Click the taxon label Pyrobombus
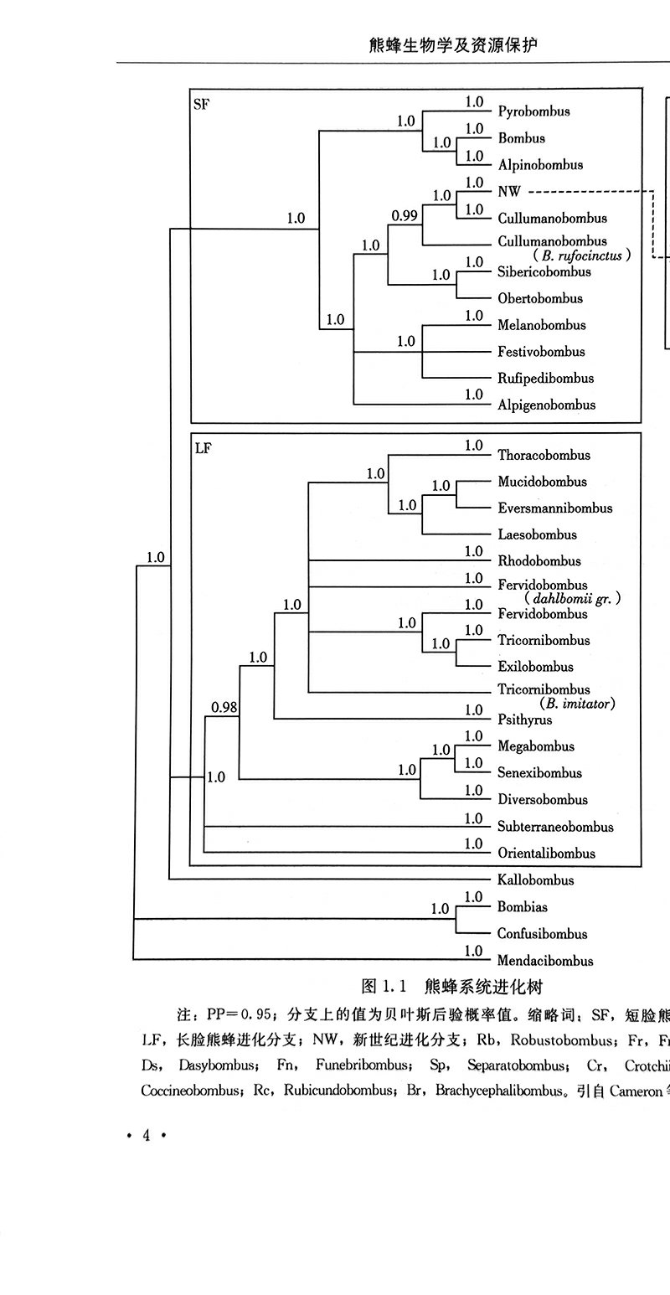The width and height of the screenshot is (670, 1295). point(533,111)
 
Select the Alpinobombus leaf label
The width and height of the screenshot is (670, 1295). point(540,165)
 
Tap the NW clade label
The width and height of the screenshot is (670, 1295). point(509,192)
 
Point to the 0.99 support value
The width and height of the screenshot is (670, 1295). point(405,215)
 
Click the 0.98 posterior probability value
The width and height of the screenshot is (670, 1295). point(224,708)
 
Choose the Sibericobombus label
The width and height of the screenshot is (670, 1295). point(544,271)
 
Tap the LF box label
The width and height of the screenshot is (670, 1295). point(203,449)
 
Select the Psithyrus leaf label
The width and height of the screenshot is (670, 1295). point(525,720)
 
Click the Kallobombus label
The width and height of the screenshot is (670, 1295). point(536,880)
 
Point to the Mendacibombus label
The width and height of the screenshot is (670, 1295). point(545,961)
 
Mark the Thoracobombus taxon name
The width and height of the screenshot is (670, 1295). point(544,455)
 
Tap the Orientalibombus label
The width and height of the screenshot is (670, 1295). point(546,854)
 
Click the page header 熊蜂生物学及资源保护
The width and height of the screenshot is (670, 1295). point(452,44)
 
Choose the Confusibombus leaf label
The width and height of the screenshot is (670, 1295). point(542,934)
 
